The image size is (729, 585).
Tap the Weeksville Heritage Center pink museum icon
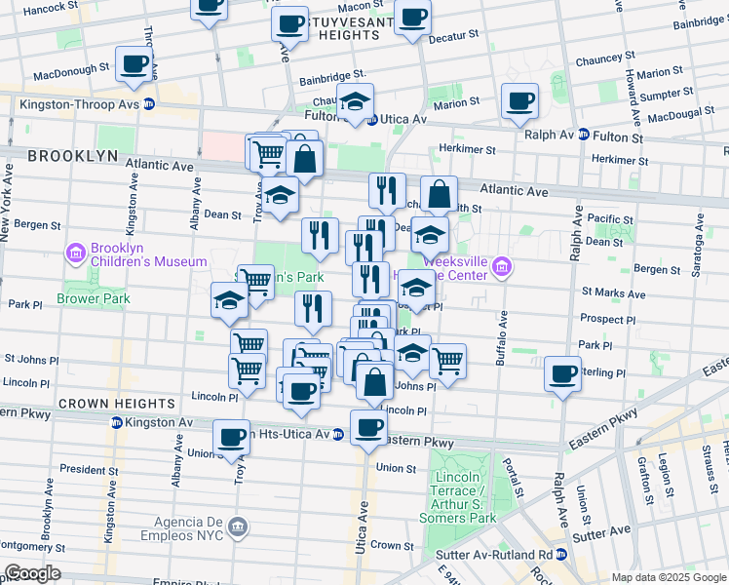502,267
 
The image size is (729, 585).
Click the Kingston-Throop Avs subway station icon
149,103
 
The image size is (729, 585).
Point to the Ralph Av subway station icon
584,136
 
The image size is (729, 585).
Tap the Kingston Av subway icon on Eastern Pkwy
116,422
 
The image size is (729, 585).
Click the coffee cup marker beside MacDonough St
134,64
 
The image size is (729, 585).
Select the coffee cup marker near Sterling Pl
562,372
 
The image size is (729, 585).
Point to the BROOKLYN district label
65,156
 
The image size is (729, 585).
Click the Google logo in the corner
32,573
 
